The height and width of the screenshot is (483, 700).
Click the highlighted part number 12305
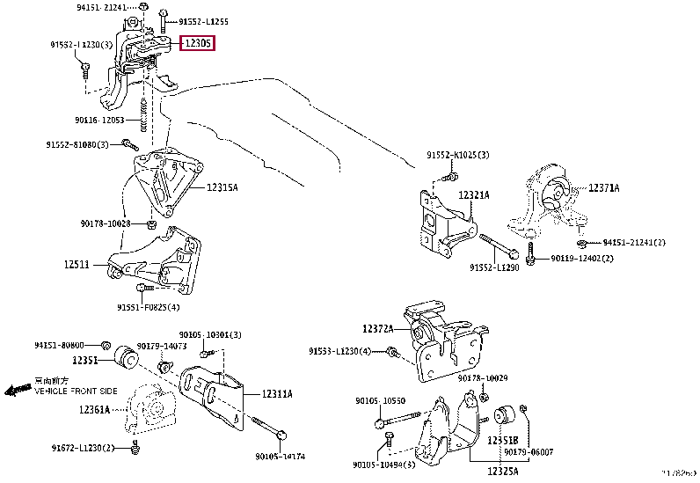[198, 43]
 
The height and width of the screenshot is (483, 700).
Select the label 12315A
[223, 187]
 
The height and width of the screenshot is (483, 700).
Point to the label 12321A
[473, 194]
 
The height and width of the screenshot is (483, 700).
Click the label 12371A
[604, 187]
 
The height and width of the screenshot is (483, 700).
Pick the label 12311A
[277, 394]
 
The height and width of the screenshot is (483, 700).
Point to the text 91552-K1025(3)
[458, 155]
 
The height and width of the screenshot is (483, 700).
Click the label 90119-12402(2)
[582, 259]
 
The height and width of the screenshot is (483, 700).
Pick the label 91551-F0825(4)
[149, 307]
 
